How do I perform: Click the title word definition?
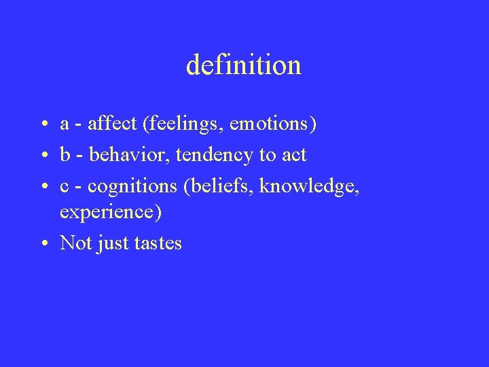[243, 65]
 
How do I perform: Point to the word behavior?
[130, 155]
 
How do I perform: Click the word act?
[292, 155]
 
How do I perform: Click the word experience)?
[111, 213]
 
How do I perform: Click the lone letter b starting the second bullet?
[65, 155]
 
